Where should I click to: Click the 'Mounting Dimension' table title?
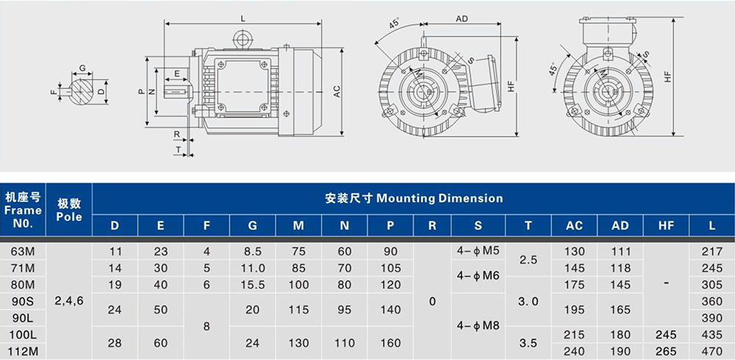[x=414, y=198]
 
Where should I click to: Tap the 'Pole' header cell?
[x=69, y=210]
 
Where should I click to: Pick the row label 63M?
[x=23, y=251]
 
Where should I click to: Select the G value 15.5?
[x=252, y=284]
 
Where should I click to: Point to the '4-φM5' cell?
[x=478, y=251]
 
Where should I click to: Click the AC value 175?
[x=574, y=284]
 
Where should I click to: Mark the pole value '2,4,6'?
[x=69, y=300]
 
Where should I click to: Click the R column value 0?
[x=432, y=300]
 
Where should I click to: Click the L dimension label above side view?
[x=243, y=18]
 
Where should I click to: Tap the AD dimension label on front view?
[x=462, y=18]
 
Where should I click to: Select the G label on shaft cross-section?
[x=83, y=68]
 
